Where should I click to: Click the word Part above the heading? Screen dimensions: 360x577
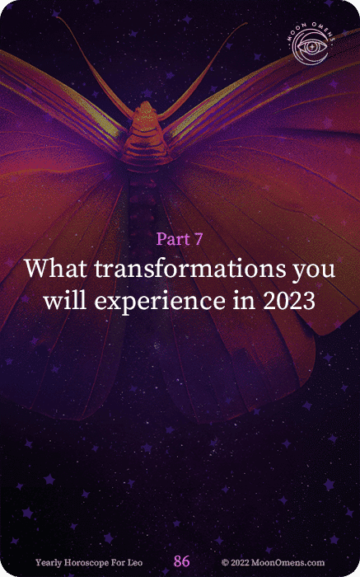173,239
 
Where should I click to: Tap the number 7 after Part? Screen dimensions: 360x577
199,239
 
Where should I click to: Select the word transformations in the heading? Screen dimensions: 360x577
189,268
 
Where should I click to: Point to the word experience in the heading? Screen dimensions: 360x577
160,302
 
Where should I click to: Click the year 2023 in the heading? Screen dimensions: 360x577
289,301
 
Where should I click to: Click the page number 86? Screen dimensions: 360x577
182,561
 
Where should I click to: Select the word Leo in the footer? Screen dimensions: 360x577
134,563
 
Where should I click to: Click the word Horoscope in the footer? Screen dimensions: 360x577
87,563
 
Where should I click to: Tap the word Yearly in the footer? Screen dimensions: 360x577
49,563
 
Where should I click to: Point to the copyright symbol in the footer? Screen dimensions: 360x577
225,563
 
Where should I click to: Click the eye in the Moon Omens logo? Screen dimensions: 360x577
311,47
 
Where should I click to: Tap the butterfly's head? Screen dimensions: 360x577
146,110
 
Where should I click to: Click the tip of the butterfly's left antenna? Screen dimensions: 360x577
58,17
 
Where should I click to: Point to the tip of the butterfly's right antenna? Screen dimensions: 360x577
245,24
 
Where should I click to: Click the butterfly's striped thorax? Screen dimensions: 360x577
147,142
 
